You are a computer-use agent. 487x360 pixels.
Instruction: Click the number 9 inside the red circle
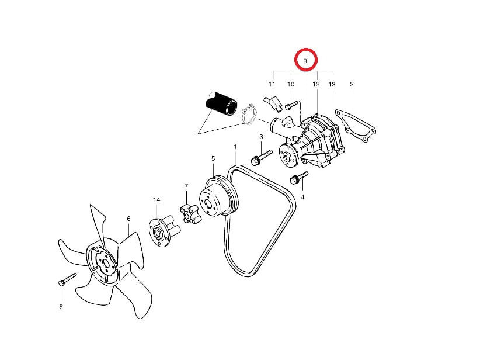305,61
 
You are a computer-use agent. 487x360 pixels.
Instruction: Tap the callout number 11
272,84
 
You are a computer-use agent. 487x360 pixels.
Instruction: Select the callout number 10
291,84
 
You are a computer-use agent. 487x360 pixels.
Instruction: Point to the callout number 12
316,84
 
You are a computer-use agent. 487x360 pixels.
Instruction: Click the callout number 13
332,84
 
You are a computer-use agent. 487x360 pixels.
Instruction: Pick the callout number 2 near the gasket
352,84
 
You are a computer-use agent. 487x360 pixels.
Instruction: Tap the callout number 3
261,136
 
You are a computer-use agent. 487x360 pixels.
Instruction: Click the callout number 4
302,198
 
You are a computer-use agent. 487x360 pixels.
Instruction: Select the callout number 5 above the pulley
213,158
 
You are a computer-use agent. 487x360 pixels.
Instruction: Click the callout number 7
186,186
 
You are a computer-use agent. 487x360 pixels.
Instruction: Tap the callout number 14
156,200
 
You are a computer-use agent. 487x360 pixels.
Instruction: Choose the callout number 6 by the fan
128,219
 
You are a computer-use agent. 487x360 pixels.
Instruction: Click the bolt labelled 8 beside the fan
67,279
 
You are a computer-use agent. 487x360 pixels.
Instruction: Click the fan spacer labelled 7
189,213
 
